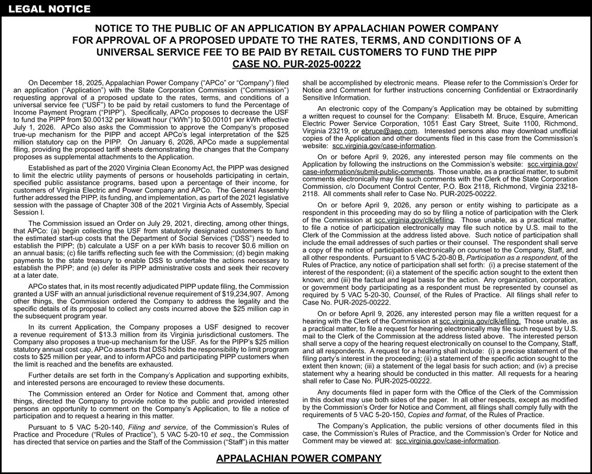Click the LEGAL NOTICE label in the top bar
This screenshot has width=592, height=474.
(46, 9)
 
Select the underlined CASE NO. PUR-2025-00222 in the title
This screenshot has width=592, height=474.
(295, 64)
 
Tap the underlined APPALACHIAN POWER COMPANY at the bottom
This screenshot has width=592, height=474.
(299, 459)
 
